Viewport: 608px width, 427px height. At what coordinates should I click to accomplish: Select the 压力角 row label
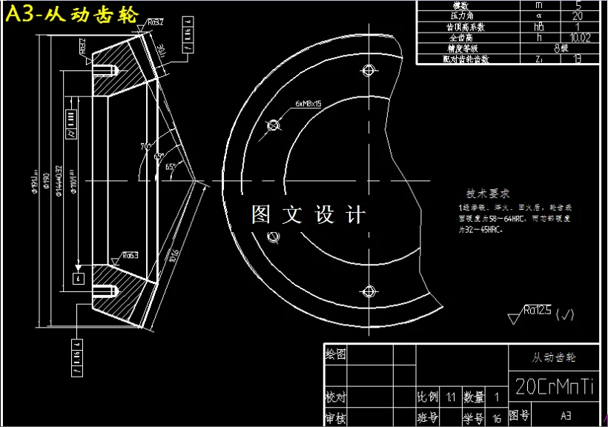(465, 16)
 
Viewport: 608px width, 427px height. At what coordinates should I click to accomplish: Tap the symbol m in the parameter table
(538, 5)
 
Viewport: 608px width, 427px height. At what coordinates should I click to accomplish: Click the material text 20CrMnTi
(555, 387)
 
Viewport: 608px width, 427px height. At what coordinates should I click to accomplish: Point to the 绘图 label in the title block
(336, 355)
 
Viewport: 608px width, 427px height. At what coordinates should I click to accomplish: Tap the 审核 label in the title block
(336, 419)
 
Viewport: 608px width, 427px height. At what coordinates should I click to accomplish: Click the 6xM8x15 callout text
(308, 104)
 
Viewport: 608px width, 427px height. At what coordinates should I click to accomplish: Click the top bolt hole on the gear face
(367, 70)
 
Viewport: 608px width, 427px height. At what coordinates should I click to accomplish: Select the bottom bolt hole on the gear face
(367, 291)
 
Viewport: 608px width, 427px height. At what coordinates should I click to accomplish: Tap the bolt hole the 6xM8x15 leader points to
(271, 125)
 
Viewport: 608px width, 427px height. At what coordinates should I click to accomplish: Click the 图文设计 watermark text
(308, 215)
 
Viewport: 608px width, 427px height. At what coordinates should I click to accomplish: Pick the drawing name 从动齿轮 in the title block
(555, 357)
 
